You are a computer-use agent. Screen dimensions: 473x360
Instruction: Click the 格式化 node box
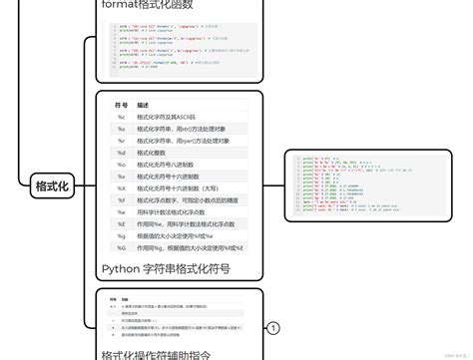(x=51, y=186)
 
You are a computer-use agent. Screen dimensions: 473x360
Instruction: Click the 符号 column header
(x=122, y=104)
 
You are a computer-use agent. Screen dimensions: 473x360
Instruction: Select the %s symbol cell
(x=120, y=130)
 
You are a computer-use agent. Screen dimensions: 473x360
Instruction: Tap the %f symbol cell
(x=120, y=199)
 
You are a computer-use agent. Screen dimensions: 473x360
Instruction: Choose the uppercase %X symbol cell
(x=120, y=187)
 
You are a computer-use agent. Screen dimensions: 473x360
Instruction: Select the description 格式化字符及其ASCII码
(x=169, y=117)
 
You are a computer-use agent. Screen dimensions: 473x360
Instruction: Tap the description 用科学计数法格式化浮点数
(x=180, y=211)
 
